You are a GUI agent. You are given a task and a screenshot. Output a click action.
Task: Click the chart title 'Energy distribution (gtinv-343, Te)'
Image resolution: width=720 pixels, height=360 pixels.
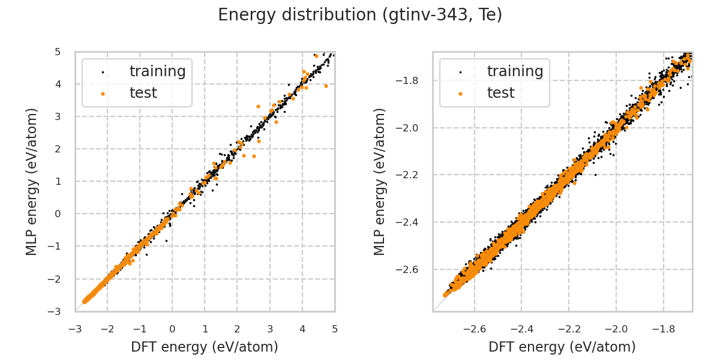[360, 15]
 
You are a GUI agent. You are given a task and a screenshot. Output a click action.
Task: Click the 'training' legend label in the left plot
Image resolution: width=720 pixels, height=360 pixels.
[158, 71]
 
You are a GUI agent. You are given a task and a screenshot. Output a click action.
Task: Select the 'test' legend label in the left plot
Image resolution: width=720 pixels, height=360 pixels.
[143, 93]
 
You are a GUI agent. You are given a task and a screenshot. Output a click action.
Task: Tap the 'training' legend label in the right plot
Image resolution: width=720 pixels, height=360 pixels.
[515, 71]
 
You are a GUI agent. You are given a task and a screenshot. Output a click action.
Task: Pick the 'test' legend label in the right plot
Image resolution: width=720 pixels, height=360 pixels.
[501, 93]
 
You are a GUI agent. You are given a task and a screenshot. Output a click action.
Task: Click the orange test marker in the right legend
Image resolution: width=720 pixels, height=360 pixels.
[460, 94]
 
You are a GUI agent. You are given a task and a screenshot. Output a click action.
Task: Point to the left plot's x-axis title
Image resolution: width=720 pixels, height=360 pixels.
[205, 347]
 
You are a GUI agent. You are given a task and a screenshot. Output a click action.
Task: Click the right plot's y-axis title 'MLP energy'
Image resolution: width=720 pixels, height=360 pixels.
[380, 181]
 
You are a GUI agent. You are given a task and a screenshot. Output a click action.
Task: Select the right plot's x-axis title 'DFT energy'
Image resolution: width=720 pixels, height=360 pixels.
[562, 347]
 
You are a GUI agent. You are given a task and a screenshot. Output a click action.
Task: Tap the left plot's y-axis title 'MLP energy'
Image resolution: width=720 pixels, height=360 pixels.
[32, 181]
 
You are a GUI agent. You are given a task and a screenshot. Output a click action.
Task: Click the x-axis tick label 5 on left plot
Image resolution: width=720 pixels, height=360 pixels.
[334, 329]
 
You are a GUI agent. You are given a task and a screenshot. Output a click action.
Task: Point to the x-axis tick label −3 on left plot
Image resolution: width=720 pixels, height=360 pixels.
[74, 329]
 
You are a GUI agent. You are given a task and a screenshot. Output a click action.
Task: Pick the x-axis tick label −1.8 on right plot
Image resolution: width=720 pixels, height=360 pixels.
[663, 329]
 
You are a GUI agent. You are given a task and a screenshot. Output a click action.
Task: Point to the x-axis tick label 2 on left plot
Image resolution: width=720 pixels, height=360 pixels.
[237, 329]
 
